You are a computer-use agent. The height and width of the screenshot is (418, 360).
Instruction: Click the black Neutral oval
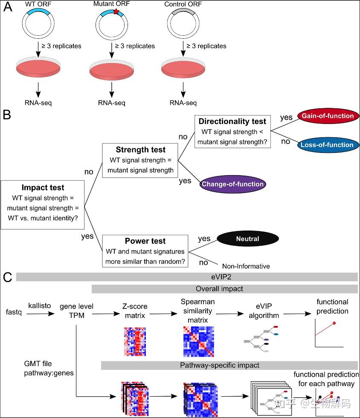[247, 239]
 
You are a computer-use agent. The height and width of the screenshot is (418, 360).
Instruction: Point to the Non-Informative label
[246, 266]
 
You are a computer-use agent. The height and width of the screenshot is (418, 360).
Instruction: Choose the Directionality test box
[232, 131]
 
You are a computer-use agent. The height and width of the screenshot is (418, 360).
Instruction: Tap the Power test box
[145, 251]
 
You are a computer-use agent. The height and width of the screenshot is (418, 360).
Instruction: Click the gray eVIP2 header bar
[186, 277]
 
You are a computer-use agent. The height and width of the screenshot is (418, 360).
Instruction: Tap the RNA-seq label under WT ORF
[38, 103]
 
